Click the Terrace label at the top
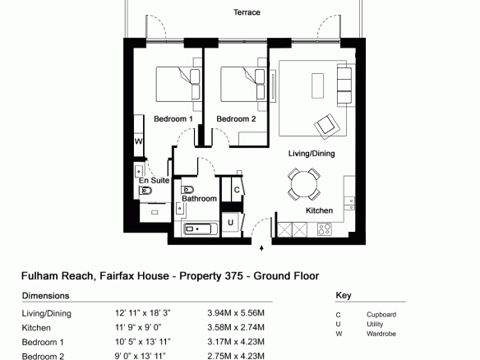pos(247,12)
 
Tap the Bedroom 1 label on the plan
pos(173,119)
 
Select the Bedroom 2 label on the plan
pos(236,119)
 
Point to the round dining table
pos(304,185)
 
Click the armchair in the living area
pos(327,127)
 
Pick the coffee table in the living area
pos(317,85)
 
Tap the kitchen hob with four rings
pos(325,229)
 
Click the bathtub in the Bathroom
pos(201,229)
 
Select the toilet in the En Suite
pos(145,192)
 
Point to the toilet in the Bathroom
pos(187,190)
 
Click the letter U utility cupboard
pos(230,223)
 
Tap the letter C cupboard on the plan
pos(237,190)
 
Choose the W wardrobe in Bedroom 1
pos(139,141)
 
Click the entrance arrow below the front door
pos(261,248)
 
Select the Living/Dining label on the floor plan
pos(312,154)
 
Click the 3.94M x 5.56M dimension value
pos(236,313)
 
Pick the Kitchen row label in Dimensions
pos(36,328)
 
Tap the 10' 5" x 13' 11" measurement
pos(143,342)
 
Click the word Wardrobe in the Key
pos(381,334)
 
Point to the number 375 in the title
pos(234,276)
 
